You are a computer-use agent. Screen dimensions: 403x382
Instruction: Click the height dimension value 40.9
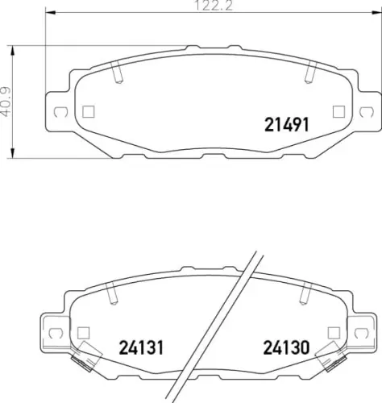click(x=7, y=102)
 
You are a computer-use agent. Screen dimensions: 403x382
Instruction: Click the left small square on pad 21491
click(x=89, y=110)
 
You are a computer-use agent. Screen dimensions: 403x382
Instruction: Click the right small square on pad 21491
click(x=338, y=110)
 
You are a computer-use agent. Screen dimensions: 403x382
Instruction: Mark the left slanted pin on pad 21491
click(x=118, y=75)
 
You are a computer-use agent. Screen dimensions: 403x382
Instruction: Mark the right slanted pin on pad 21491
click(x=309, y=75)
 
